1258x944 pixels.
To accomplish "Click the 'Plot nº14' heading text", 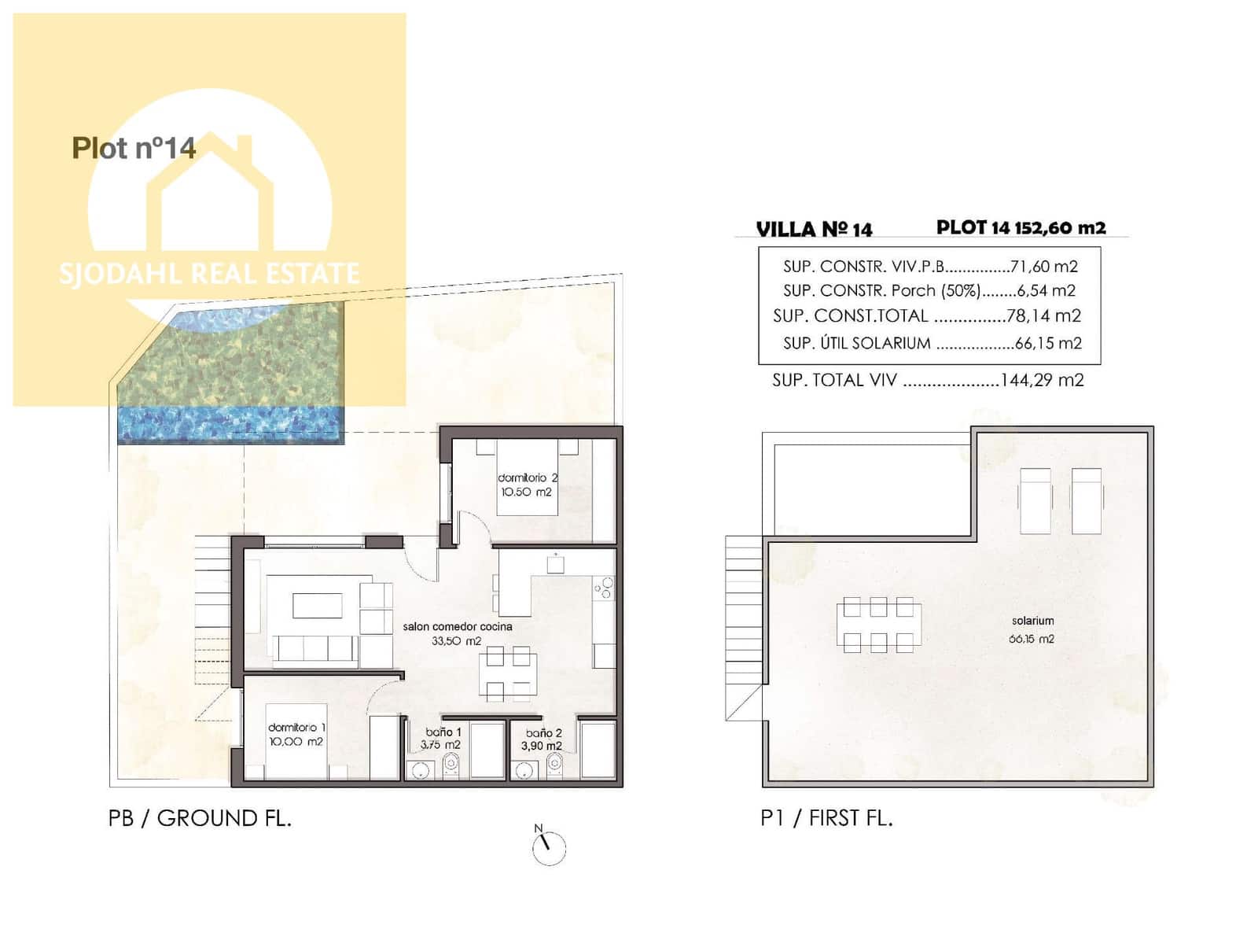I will coord(134,148).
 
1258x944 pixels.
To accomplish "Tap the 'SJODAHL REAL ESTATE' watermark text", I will coord(209,274).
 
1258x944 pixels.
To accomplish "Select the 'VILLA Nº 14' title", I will coord(814,229).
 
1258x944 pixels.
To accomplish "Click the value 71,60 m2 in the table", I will coord(1043,266).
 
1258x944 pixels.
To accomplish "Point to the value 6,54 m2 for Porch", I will coord(1046,290).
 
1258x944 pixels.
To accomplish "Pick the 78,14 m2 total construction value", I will coord(1043,316).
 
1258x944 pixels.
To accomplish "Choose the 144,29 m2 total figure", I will coord(1042,380).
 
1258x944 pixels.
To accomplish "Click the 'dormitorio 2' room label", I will coord(528,478).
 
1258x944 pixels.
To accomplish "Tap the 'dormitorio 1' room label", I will coord(296,728).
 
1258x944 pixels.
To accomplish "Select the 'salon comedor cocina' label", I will coord(457,626).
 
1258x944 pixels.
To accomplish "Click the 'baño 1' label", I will coord(443,732).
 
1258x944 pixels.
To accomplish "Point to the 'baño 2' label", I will coord(543,732).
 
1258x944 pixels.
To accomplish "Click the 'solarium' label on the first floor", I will coord(1032,621).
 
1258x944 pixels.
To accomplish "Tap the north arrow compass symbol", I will coord(548,847).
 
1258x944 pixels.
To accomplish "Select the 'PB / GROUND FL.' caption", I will coord(200,818).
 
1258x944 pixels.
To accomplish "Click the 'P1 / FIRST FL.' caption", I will coord(826,818).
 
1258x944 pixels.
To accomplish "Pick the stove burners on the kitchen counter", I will coord(604,587).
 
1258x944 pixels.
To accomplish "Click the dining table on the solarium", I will coord(878,625).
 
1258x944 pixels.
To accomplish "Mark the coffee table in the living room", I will coord(318,606).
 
